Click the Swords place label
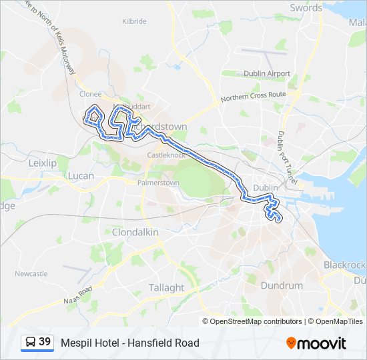306,8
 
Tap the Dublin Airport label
267,73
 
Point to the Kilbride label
134,21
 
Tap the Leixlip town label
43,162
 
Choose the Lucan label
81,176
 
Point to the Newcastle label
31,273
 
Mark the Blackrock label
344,265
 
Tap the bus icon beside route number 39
31,342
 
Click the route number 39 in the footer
45,342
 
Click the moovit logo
316,343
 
